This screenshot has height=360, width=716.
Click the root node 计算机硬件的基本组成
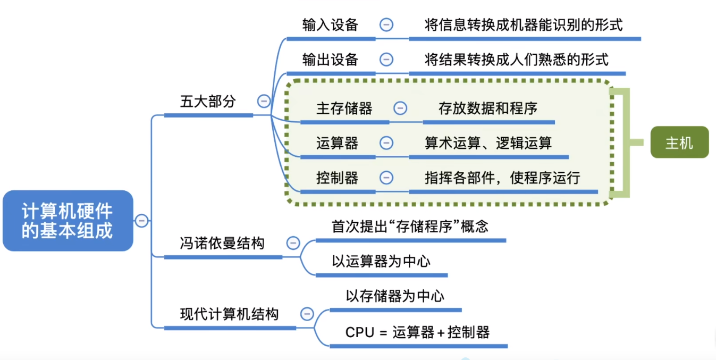point(68,221)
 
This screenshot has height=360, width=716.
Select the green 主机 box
point(679,143)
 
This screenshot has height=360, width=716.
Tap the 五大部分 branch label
point(208,102)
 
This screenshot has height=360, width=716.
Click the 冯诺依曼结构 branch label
point(222,243)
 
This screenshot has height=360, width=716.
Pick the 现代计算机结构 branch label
point(229,314)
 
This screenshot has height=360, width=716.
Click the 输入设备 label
point(330,25)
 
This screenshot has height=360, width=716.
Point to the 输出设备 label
point(330,60)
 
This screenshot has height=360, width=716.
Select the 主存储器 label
point(344,108)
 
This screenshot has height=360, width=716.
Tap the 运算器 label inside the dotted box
point(337,143)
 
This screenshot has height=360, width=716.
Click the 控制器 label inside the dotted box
point(337,178)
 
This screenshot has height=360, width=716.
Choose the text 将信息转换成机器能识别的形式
point(524,25)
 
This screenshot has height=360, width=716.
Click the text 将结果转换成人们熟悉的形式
point(517,60)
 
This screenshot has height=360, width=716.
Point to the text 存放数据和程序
point(488,108)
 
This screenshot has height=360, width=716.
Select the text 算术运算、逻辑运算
point(488,143)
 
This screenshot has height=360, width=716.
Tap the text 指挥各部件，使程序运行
point(502,178)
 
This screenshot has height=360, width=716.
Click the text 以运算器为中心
point(381,261)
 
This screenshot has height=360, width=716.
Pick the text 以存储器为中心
point(395,296)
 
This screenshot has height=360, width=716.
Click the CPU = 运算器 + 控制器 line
point(417,332)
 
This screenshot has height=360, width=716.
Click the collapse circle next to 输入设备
point(386,24)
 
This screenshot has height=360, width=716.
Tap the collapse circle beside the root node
point(141,220)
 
